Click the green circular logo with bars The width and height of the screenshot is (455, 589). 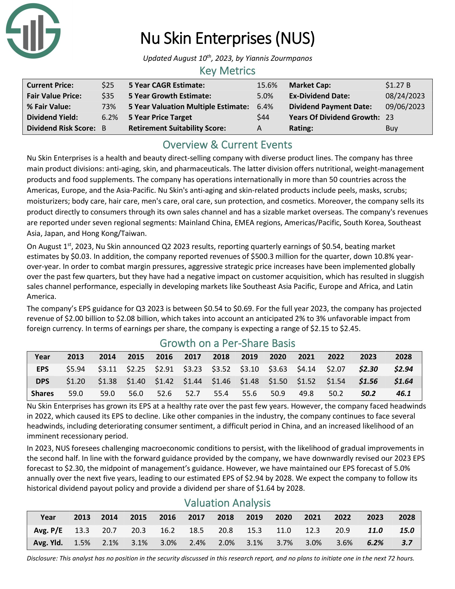[33, 31]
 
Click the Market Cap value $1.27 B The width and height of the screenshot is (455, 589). [397, 85]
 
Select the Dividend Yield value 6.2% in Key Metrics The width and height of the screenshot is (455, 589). [110, 117]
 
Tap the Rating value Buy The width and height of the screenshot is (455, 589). [391, 128]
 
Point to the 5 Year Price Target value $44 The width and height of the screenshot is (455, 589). [263, 117]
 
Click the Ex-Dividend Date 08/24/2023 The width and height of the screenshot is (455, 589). [405, 96]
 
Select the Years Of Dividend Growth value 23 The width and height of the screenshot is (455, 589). [389, 117]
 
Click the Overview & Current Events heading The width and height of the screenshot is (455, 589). [227, 145]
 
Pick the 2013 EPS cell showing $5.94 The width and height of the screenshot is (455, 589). [75, 369]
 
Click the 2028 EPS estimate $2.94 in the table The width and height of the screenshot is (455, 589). [403, 369]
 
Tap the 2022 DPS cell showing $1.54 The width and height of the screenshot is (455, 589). [336, 381]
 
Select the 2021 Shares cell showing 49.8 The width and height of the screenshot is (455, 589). [306, 394]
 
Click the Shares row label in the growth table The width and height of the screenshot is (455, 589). [42, 394]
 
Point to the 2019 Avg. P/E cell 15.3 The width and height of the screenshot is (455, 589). [255, 530]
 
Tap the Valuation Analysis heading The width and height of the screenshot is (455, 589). [227, 503]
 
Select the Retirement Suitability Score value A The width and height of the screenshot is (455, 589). [259, 128]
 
